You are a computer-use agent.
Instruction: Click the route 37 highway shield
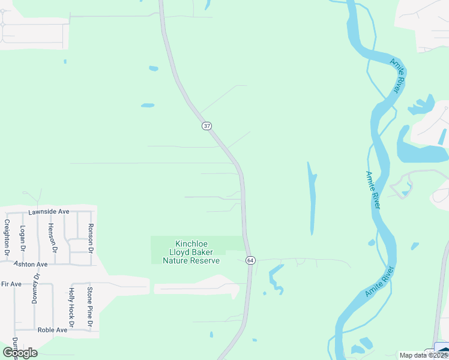point(206,126)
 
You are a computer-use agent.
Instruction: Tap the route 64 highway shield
point(250,260)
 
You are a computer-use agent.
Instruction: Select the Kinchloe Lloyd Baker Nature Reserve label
point(191,252)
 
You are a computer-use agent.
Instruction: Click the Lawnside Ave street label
point(49,212)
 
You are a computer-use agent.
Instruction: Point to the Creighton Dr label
point(7,238)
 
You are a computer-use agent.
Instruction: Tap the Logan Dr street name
point(22,238)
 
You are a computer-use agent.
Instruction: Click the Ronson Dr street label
point(91,235)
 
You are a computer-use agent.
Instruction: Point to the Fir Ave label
point(11,283)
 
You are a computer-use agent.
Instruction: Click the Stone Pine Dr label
point(89,308)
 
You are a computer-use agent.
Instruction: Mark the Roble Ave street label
point(52,330)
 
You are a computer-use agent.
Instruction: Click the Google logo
point(19,352)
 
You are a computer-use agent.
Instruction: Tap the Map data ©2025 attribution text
point(423,355)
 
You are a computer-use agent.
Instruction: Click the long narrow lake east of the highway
point(312,198)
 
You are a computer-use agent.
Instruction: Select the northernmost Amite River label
point(396,76)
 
